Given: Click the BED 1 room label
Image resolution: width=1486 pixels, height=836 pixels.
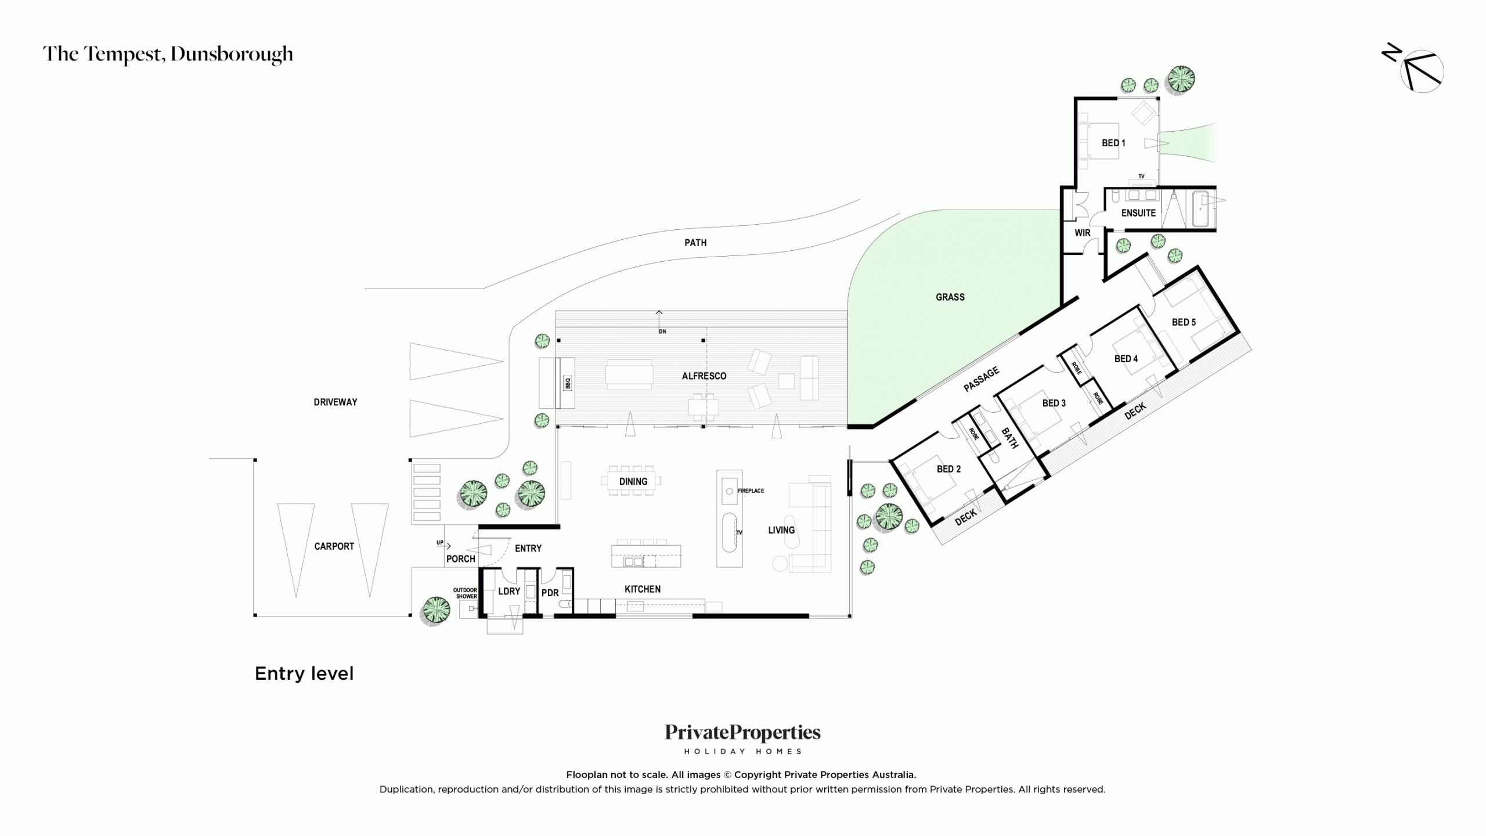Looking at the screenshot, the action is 1113,143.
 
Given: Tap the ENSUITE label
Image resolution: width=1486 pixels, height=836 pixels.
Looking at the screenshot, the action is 1138,213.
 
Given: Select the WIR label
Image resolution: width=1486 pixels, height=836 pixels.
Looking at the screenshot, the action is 1083,233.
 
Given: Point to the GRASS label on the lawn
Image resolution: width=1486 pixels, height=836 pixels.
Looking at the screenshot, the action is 950,297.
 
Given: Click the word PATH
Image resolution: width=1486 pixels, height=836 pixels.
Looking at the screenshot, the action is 695,243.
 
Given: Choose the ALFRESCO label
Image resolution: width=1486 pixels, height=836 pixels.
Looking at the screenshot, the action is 704,376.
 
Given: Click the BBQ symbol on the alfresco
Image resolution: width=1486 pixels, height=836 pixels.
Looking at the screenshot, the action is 568,383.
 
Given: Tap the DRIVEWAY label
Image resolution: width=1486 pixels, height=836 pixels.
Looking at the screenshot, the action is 336,402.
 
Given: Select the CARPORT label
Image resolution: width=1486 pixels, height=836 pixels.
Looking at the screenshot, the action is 334,546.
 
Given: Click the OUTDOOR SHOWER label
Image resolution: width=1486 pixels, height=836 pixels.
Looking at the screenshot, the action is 466,593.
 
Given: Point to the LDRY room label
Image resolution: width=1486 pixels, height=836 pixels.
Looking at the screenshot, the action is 509,591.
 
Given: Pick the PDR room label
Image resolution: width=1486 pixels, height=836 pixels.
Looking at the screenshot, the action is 550,593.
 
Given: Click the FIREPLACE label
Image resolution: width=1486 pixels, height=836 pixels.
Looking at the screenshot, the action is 751,491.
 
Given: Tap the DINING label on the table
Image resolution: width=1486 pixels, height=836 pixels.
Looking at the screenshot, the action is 633,481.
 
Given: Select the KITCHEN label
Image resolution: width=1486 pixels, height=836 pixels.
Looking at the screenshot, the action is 642,589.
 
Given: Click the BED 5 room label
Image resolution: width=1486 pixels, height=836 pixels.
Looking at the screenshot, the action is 1184,322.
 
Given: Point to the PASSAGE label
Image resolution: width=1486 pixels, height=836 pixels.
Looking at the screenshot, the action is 982,379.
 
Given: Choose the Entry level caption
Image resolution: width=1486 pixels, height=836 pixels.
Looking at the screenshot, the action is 304,673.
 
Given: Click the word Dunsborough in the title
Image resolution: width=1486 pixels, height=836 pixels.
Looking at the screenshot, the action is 232,54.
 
